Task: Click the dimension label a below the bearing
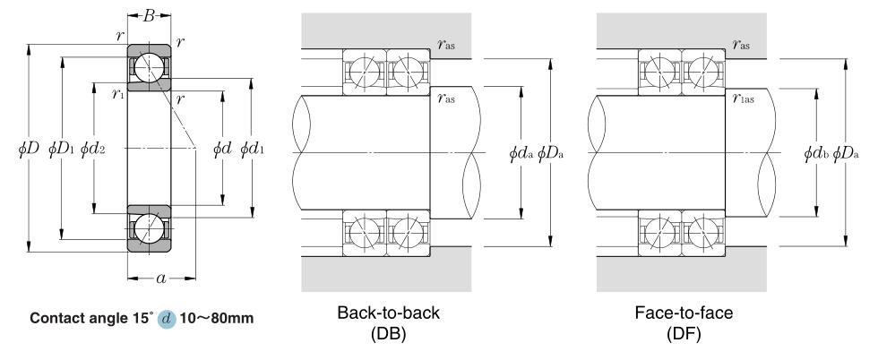coord(160,278)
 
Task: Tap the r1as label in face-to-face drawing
coord(742,99)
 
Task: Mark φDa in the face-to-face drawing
coord(848,153)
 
